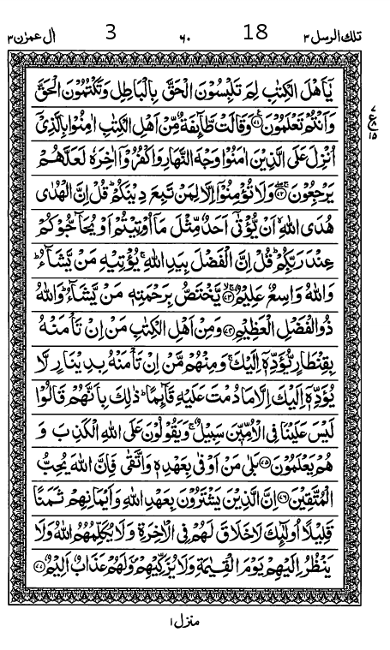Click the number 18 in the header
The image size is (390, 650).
click(x=255, y=33)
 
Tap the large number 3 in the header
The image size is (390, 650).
click(x=110, y=33)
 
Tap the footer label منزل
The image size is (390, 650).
click(x=183, y=635)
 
